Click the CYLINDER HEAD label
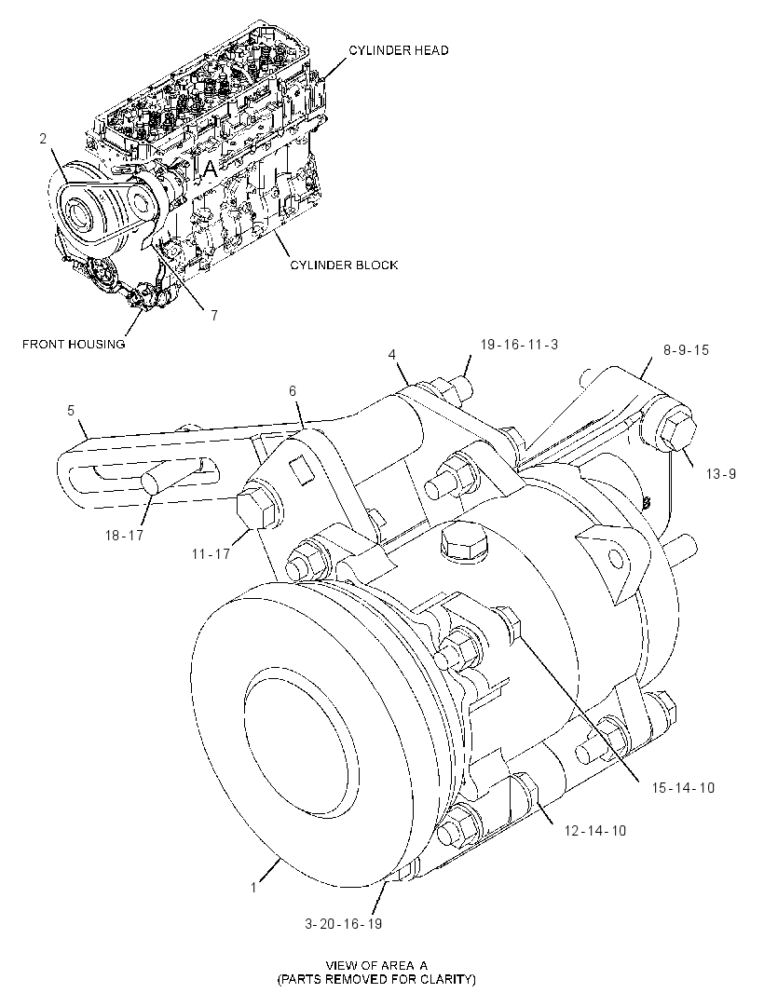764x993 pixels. (399, 50)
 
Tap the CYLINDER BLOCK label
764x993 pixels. (344, 265)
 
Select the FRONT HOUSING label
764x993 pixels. (74, 344)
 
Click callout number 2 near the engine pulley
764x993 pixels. (43, 138)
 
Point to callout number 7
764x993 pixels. (214, 315)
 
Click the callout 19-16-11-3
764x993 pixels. (520, 345)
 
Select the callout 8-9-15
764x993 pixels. (686, 349)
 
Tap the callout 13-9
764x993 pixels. (721, 474)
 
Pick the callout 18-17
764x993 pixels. (124, 535)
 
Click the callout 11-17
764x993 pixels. (211, 554)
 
